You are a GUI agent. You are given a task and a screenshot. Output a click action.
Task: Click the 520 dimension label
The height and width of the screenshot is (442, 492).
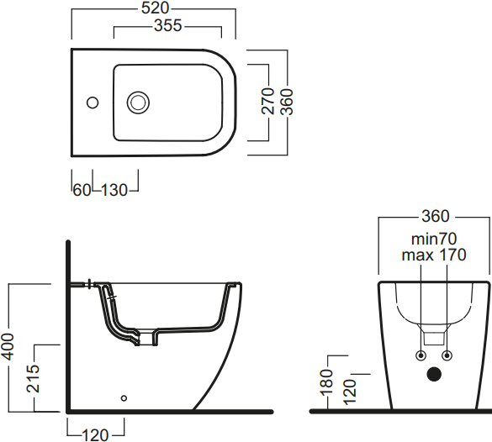pos(155,8)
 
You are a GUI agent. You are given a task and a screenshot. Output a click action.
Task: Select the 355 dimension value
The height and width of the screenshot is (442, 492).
pos(168,25)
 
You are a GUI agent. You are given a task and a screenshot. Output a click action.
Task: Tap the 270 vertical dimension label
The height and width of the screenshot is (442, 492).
pos(268,101)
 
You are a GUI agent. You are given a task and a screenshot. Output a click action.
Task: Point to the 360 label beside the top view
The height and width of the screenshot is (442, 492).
pos(287,102)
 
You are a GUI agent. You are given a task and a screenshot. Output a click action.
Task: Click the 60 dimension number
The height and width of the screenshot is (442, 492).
pos(82,190)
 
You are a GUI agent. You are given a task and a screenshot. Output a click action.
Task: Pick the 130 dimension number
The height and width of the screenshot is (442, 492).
pos(114,190)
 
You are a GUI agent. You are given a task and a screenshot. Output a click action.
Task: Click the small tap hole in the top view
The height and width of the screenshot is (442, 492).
pos(93,103)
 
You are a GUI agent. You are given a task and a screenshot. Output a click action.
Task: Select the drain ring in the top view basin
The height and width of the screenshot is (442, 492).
pos(138,103)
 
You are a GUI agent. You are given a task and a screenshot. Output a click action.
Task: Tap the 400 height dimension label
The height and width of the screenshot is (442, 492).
pos(8,347)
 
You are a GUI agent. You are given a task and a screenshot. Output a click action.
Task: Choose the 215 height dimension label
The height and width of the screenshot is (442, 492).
pos(33,378)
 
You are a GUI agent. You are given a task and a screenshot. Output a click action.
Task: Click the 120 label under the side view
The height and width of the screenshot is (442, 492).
pos(95,435)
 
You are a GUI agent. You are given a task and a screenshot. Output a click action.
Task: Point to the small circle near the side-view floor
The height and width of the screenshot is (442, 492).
pos(124,398)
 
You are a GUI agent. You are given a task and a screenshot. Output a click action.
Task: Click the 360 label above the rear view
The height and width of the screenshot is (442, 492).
pos(436,216)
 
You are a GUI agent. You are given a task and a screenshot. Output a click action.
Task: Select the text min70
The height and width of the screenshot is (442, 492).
pos(434,239)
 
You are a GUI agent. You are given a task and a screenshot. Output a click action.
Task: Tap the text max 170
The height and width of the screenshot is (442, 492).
pos(434,255)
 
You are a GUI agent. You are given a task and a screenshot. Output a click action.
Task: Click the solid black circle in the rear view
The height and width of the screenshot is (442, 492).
pos(434,374)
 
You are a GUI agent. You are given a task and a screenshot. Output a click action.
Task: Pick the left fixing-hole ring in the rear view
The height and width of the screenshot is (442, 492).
pos(421,355)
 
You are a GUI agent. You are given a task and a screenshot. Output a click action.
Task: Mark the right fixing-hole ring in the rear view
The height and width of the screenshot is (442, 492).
pos(447,355)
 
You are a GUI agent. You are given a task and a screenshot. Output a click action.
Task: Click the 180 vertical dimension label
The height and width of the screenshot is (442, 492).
pos(326,382)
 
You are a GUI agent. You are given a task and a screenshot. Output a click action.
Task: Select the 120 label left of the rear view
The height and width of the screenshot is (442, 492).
pos(350,392)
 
